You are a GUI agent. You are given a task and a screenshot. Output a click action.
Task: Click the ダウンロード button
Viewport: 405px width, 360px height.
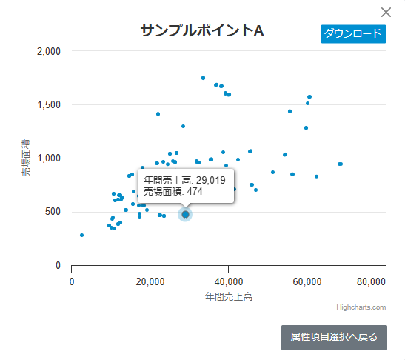pyautogui.click(x=353, y=34)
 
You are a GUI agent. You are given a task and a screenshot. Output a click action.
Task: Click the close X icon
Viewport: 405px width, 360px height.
pyautogui.click(x=386, y=13)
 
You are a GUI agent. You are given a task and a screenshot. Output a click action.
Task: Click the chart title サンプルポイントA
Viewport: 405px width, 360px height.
pyautogui.click(x=202, y=30)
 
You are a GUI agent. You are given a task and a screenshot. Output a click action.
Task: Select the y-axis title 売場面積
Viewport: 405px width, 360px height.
pyautogui.click(x=26, y=158)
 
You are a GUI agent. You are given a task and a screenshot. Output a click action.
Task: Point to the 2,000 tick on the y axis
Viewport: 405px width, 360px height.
pyautogui.click(x=48, y=51)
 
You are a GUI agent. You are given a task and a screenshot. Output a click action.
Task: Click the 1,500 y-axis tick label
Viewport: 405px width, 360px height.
pyautogui.click(x=48, y=104)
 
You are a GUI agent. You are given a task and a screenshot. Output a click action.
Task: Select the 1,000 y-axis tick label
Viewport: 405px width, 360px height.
pyautogui.click(x=48, y=159)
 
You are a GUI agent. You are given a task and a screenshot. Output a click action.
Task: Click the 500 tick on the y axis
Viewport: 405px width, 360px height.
pyautogui.click(x=53, y=212)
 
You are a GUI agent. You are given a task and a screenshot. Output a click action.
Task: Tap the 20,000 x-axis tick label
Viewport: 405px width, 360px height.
pyautogui.click(x=150, y=281)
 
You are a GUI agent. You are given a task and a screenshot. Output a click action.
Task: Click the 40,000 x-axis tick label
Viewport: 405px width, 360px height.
pyautogui.click(x=229, y=281)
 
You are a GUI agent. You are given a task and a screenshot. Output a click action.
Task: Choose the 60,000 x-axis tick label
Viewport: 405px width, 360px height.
pyautogui.click(x=307, y=281)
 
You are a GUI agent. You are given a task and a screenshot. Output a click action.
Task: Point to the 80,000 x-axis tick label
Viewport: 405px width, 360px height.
pyautogui.click(x=370, y=281)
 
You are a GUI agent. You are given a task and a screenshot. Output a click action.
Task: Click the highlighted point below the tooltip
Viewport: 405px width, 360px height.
pyautogui.click(x=185, y=214)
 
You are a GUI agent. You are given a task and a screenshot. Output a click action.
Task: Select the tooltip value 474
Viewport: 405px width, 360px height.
pyautogui.click(x=194, y=191)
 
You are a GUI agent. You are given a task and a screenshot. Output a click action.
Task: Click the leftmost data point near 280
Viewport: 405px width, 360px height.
pyautogui.click(x=81, y=235)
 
